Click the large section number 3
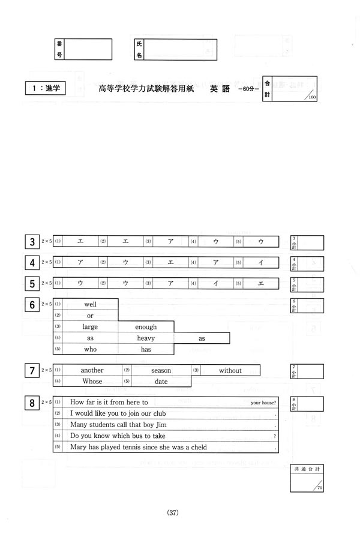[31, 242]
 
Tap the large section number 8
[31, 403]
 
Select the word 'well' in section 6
[91, 304]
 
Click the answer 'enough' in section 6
[146, 327]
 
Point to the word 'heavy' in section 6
[146, 338]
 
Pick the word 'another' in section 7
[92, 371]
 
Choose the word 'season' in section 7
[161, 371]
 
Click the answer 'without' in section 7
[230, 371]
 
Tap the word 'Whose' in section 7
[92, 382]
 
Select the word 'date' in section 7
[161, 382]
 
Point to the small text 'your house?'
[264, 403]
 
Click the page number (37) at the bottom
[173, 512]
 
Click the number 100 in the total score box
[313, 97]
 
